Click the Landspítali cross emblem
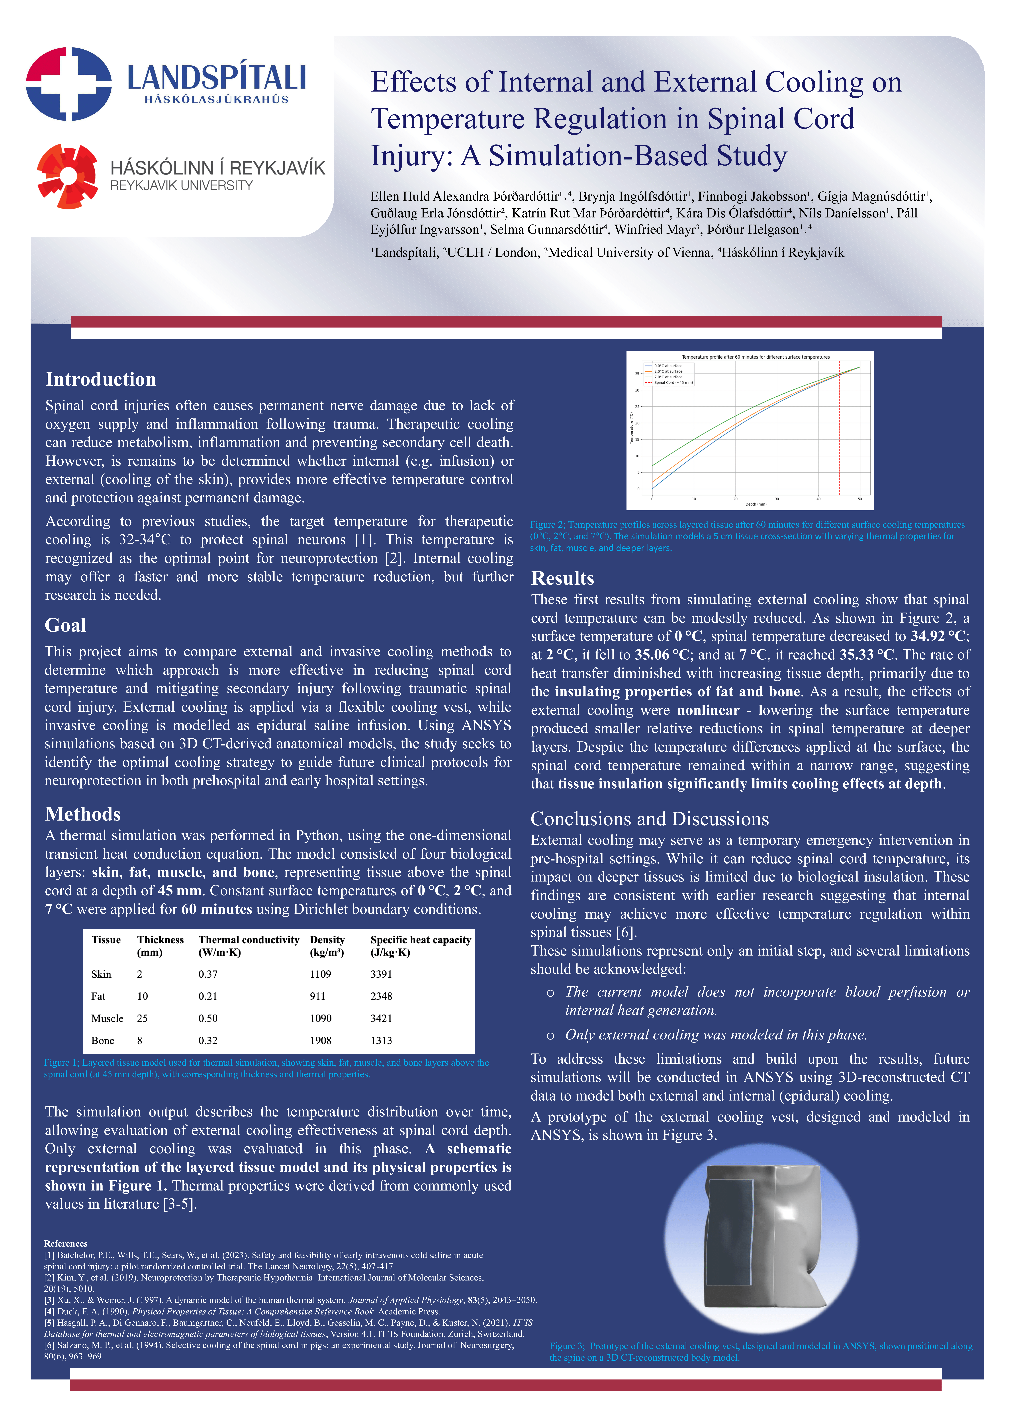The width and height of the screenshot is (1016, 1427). pos(69,84)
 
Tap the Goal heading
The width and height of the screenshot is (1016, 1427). pos(66,625)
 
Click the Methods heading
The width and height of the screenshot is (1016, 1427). pos(83,814)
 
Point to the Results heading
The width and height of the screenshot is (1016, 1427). pos(562,578)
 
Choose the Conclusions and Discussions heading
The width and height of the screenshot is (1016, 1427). pos(649,819)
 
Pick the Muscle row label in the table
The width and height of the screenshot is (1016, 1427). pos(107,1018)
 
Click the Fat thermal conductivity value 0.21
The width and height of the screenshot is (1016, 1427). pos(208,996)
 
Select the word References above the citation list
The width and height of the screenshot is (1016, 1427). pos(66,1244)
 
